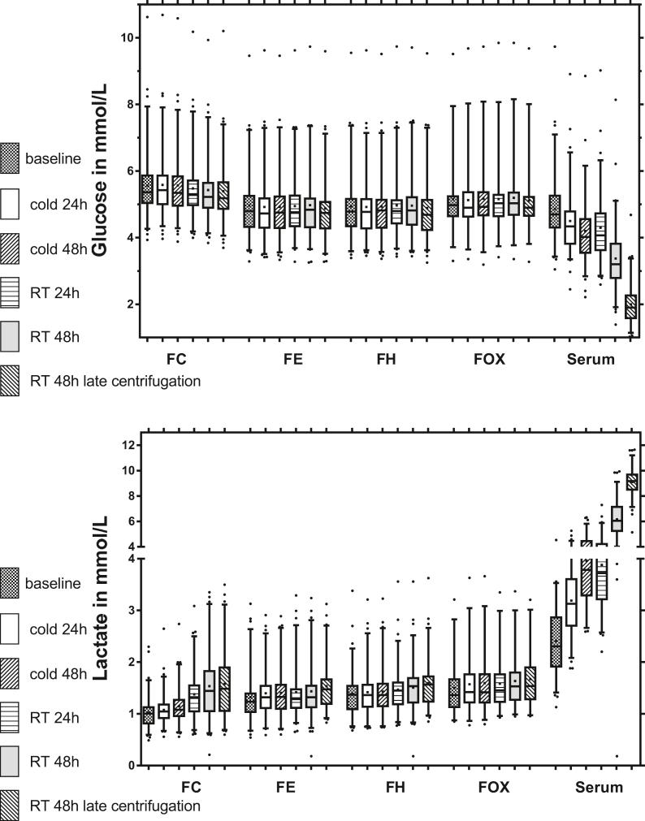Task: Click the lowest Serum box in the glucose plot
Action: pos(630,306)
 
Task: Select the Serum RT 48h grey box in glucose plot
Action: pos(616,260)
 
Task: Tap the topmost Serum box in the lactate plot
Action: pos(631,482)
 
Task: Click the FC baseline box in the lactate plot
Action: pos(148,715)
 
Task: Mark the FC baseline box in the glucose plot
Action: pos(147,188)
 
